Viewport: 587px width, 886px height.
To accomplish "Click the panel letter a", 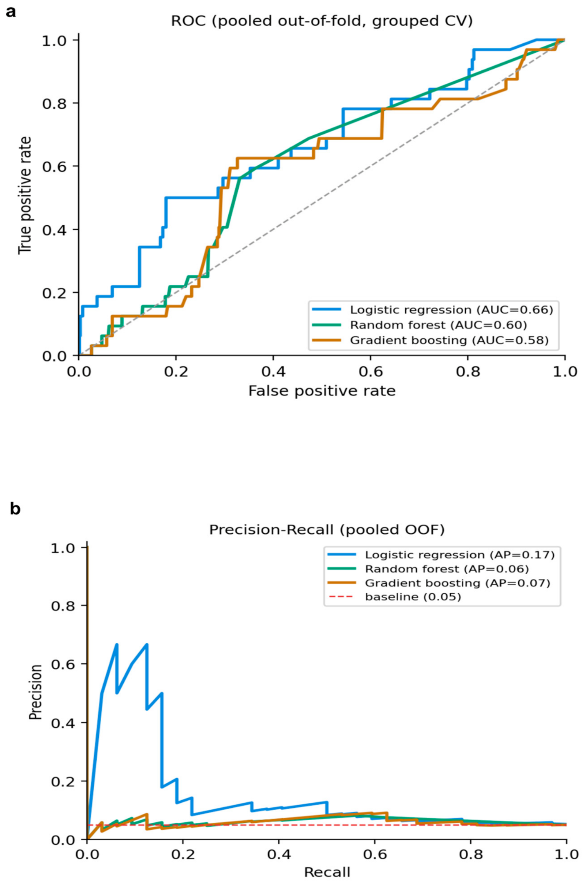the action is point(11,12).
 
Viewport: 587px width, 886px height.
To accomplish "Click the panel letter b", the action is point(15,508).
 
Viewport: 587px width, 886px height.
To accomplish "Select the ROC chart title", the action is point(322,21).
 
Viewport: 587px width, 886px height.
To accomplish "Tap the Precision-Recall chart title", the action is point(327,530).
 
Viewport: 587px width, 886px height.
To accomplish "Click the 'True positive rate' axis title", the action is point(25,195).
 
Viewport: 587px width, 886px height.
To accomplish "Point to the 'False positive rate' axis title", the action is point(322,391).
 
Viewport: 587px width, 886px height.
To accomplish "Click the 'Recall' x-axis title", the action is point(327,872).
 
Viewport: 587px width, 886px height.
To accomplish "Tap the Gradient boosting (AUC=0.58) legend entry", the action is point(431,340).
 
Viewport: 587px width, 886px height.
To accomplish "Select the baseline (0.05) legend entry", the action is point(395,597).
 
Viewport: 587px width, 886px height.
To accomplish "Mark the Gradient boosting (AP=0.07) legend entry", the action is point(439,582).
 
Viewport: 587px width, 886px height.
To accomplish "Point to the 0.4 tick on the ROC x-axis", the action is point(273,371).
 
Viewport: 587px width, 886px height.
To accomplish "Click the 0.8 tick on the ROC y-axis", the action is point(54,103).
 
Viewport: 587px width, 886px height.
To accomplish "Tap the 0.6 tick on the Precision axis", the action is point(63,664).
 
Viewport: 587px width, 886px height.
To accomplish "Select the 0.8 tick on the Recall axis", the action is point(471,854).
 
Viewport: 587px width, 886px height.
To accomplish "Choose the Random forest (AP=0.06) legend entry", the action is point(428,569).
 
